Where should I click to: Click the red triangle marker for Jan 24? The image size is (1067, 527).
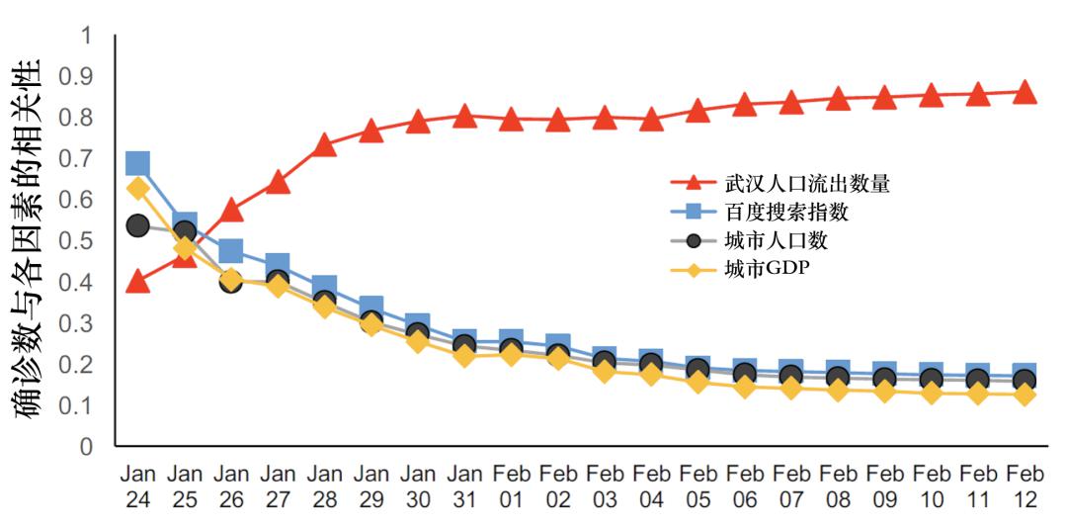pyautogui.click(x=138, y=283)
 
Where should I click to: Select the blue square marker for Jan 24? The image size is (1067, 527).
pyautogui.click(x=138, y=163)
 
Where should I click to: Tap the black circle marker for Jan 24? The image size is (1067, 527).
pyautogui.click(x=138, y=225)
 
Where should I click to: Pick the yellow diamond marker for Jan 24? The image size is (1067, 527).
pyautogui.click(x=138, y=188)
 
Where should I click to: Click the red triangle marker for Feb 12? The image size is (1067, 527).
pyautogui.click(x=1025, y=92)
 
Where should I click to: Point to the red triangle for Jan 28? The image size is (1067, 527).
pyautogui.click(x=324, y=146)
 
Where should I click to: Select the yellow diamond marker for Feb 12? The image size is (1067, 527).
pyautogui.click(x=1025, y=395)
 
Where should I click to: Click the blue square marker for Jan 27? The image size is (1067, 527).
pyautogui.click(x=278, y=265)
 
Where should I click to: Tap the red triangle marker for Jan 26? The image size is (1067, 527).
pyautogui.click(x=231, y=211)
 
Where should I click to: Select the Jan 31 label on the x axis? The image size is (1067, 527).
pyautogui.click(x=464, y=486)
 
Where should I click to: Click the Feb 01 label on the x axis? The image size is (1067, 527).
pyautogui.click(x=511, y=486)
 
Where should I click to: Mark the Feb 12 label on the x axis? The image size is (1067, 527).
pyautogui.click(x=1025, y=486)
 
